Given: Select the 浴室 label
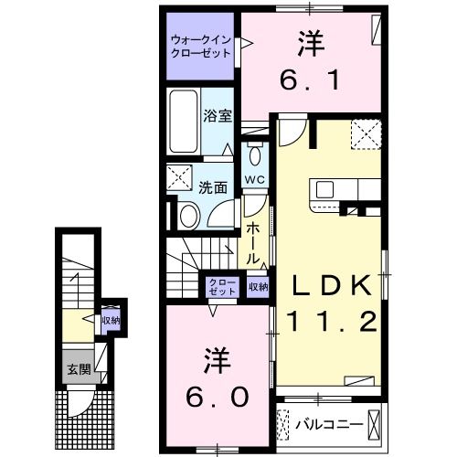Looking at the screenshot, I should [x=217, y=118].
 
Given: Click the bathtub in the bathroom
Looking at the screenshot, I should [x=184, y=122].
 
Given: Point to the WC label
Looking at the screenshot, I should [x=255, y=180].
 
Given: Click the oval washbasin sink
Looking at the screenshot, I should [x=187, y=216].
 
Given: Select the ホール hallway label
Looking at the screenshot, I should [x=256, y=239].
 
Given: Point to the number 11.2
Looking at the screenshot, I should [x=331, y=321].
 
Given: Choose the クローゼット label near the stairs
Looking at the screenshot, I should [x=220, y=287].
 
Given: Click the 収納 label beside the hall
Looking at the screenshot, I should [x=259, y=287].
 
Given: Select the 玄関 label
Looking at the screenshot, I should [x=76, y=370].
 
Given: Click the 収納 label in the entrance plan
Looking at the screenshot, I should [x=111, y=321].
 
